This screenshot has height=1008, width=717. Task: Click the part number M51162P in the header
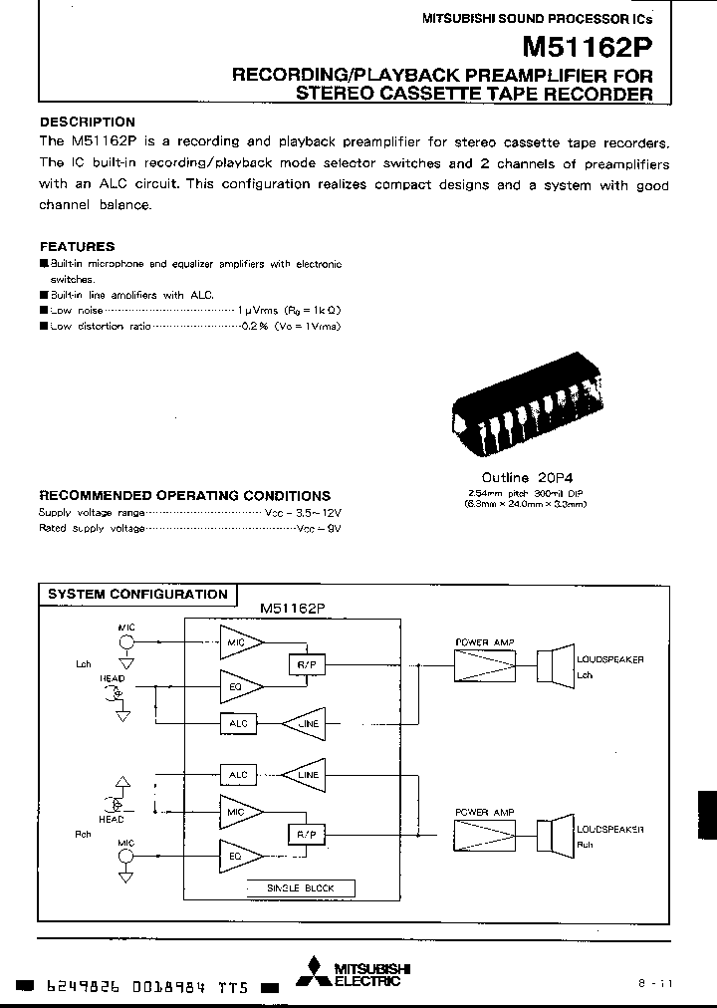589,48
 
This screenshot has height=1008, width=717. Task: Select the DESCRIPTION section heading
88,122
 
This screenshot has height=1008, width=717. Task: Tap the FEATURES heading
77,246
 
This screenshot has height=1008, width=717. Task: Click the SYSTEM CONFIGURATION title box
137,595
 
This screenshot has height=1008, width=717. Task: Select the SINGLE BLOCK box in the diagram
300,887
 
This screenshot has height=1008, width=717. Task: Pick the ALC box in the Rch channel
238,774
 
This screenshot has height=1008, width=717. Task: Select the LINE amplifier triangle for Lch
305,723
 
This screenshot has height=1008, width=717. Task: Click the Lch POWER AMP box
484,664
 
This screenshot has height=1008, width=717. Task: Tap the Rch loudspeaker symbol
554,833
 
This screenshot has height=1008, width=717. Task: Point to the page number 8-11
656,982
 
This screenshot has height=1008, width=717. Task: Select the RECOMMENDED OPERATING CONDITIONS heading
184,495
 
